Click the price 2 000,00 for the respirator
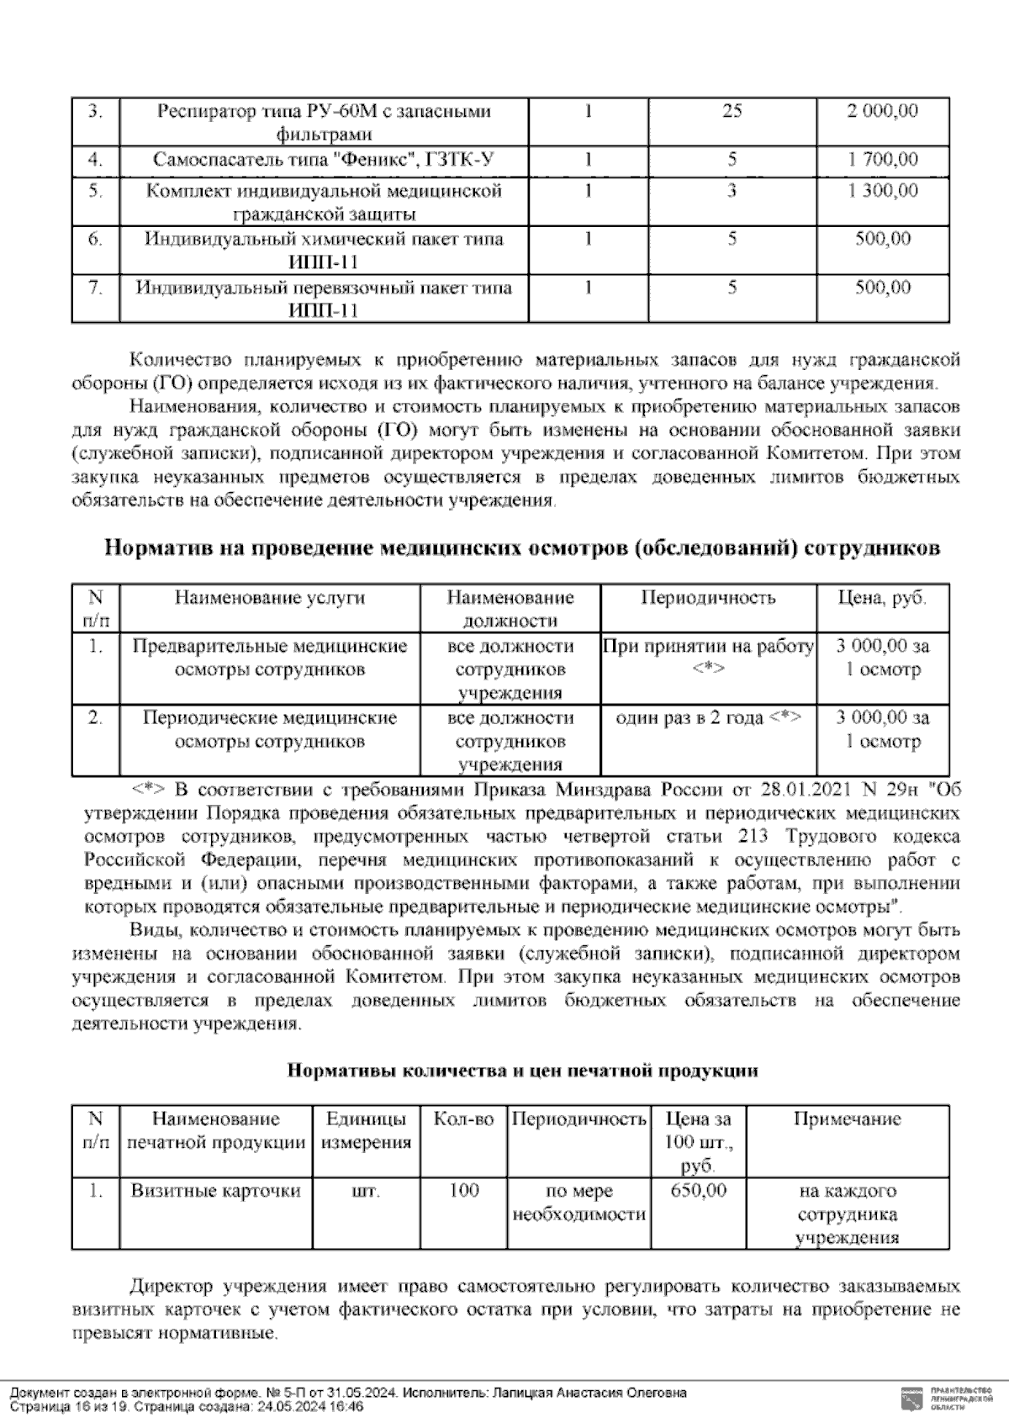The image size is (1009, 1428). point(882,111)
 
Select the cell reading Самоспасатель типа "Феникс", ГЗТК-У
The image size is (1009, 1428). point(324,159)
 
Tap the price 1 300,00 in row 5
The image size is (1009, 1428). point(882,191)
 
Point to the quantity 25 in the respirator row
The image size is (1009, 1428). point(732,111)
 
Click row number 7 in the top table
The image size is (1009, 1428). point(96,288)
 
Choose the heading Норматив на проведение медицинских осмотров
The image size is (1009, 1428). point(521,548)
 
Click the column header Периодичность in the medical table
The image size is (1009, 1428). point(708,598)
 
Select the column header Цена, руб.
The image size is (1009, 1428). point(882,598)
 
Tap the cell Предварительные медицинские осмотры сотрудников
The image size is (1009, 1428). point(270,658)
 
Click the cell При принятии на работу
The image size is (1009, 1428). point(708,647)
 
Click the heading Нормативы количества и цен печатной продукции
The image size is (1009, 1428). point(522,1071)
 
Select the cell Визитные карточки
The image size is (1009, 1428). point(216,1191)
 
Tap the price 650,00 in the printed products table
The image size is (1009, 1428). point(699,1191)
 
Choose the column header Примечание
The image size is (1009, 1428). point(847,1119)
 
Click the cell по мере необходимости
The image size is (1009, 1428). point(579,1203)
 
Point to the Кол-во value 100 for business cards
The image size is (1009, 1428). point(463,1191)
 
